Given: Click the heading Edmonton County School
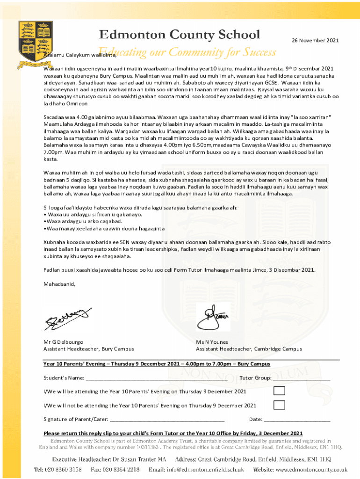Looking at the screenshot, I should click(179, 35).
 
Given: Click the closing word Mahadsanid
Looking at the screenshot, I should click(59, 284).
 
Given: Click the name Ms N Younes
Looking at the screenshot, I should click(212, 342).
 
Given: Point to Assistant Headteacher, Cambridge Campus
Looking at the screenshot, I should click(249, 349).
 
